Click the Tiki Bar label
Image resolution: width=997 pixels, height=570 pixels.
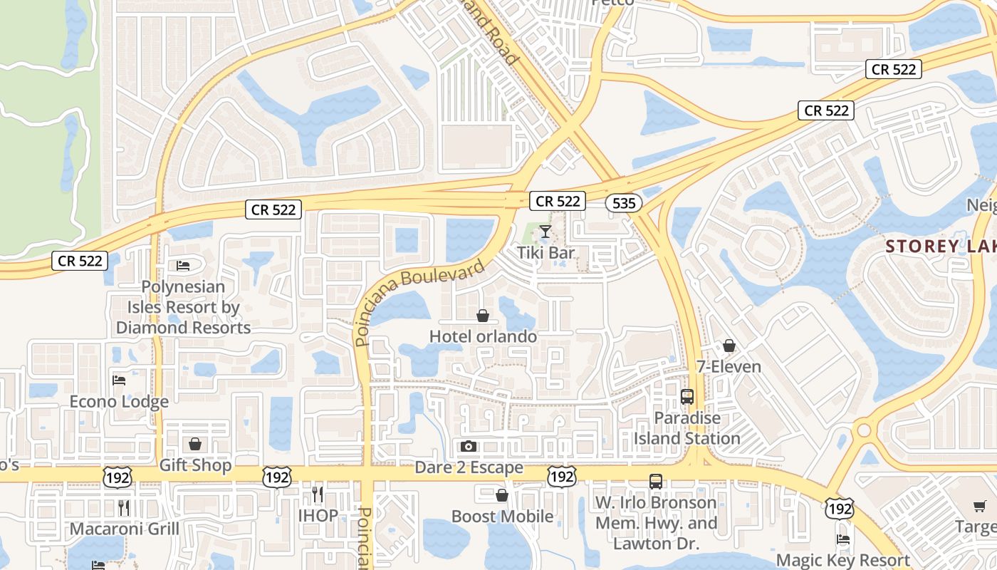coord(546,252)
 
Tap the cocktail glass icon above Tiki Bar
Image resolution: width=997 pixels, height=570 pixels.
coord(546,232)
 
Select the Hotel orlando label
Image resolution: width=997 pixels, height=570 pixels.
coord(483,336)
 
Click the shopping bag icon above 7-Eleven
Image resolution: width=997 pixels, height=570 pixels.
coord(729,346)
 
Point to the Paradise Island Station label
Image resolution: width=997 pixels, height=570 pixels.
coord(687,427)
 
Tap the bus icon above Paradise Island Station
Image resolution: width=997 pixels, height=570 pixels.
coord(687,397)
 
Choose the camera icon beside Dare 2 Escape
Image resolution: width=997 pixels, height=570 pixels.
coord(468,447)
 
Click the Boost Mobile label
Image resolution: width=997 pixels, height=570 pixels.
coord(502,516)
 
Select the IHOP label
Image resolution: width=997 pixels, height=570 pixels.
coord(318,515)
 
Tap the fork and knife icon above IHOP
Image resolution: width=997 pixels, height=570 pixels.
coord(318,494)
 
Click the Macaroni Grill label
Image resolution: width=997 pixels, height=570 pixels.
coord(124,529)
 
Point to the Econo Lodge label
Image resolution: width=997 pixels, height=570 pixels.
coord(119,401)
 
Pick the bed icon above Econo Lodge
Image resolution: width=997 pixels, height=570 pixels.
coord(119,380)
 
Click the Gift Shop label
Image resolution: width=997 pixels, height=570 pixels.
coord(195,465)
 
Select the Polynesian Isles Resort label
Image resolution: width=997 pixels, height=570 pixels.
coord(183,307)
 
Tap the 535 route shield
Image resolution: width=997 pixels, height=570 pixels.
coord(623,203)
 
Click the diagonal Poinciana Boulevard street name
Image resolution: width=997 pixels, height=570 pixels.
coord(420,301)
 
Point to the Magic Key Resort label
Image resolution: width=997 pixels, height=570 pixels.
coord(843,560)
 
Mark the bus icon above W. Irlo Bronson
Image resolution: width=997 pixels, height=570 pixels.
coord(656,482)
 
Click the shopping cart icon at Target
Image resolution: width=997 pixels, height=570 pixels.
coord(980,507)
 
